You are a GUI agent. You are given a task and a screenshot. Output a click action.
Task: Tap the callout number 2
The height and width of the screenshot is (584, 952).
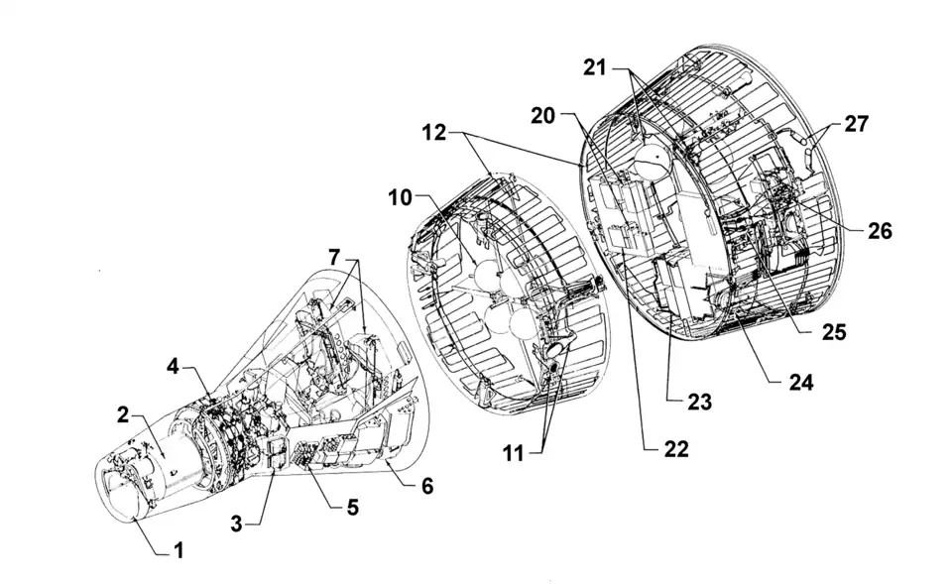coord(123,415)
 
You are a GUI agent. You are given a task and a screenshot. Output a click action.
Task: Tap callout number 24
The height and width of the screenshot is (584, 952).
coord(800,380)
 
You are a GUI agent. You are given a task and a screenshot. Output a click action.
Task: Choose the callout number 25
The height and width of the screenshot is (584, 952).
coord(834,332)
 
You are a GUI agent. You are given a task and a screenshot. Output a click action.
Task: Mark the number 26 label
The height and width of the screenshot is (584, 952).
coord(880,231)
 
